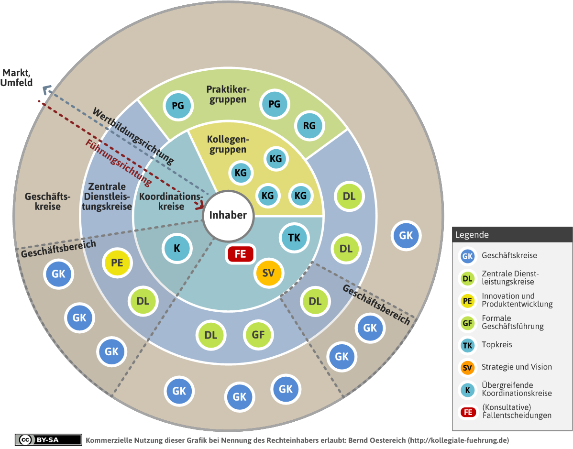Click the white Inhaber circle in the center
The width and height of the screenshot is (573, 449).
tap(228, 216)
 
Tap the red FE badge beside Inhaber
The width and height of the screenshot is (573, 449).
tap(240, 254)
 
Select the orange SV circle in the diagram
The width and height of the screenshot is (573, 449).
tap(269, 273)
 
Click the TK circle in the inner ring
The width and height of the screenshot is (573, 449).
tap(294, 238)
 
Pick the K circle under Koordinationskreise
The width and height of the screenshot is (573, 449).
tap(177, 249)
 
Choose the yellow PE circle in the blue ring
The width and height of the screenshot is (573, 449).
tap(117, 263)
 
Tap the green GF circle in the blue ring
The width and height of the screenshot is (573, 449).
tap(258, 335)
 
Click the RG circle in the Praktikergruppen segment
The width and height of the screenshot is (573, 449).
tap(309, 126)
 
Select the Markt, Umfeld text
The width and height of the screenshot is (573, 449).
tap(17, 77)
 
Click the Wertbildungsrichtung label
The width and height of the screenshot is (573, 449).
tap(133, 135)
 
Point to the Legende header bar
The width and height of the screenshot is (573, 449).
tap(512, 235)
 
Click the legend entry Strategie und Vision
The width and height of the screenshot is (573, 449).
tap(517, 367)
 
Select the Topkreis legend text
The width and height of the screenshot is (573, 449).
tap(497, 345)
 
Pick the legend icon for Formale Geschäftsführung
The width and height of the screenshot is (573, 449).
tap(467, 323)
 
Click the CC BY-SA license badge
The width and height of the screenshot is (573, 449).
tap(48, 440)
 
